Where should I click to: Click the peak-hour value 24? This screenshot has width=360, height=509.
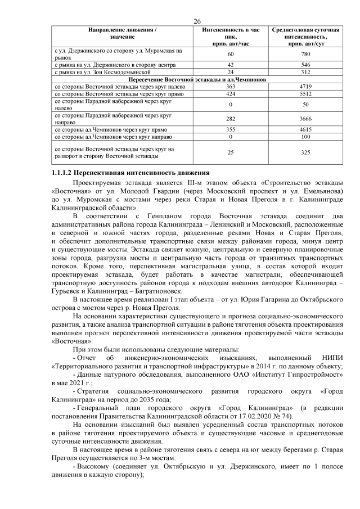(231, 73)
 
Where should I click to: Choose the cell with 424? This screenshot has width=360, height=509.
(231, 94)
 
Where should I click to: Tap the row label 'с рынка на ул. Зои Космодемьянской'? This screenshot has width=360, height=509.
(102, 73)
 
